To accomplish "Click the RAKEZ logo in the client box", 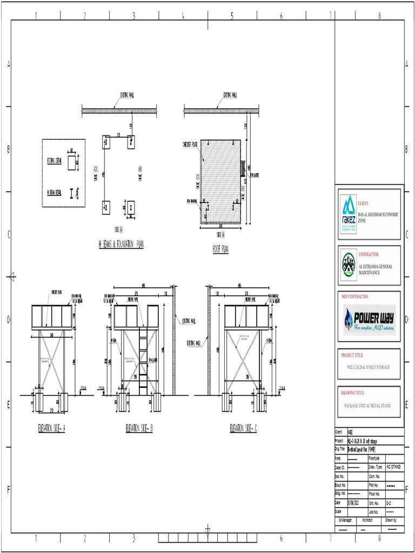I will tap(349, 213).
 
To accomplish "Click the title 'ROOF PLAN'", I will tap(220, 249).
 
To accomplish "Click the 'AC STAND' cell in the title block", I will tap(393, 467).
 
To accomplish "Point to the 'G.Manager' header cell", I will tap(345, 520).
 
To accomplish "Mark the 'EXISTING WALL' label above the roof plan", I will tap(230, 95).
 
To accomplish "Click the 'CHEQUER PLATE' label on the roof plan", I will tap(191, 144).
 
